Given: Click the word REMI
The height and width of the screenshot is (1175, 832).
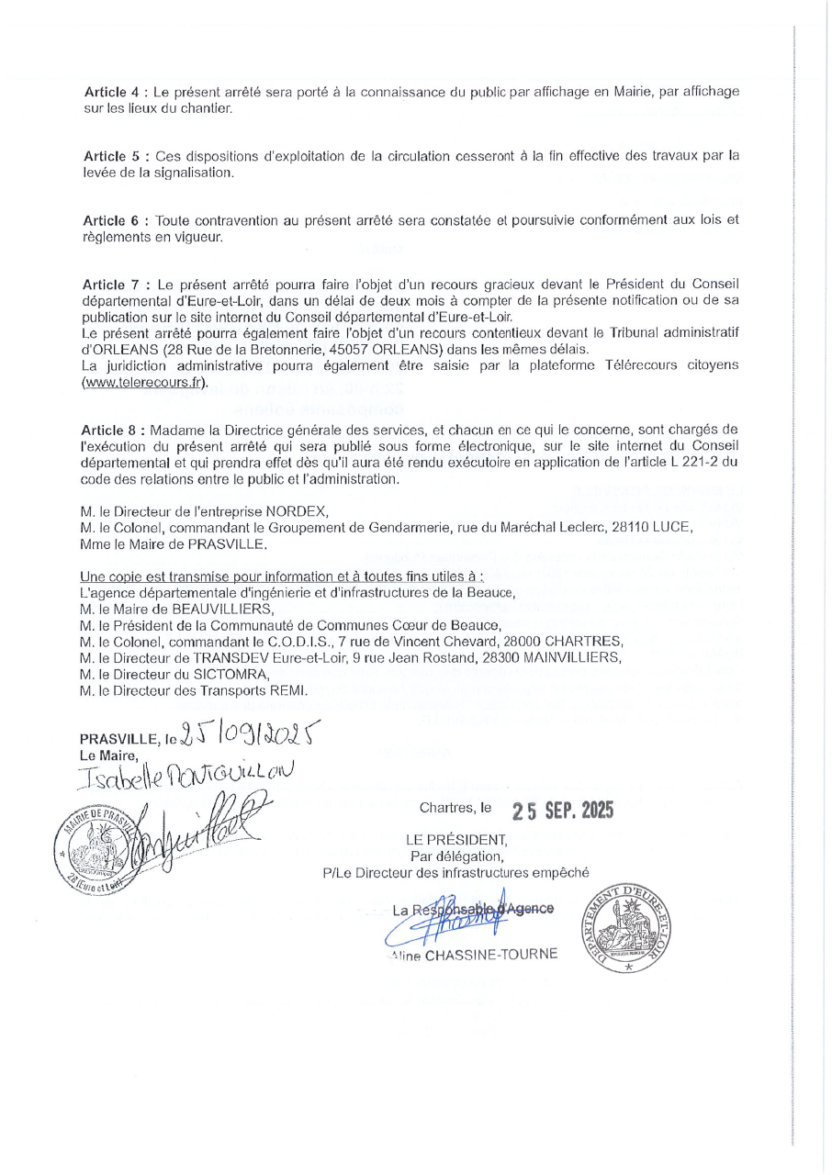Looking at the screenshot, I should [288, 689].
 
